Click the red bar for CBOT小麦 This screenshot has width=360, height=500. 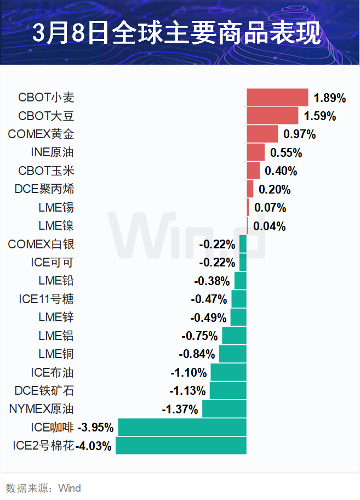pos(277,98)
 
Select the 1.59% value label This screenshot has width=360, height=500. pos(320,116)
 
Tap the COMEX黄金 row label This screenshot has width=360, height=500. pos(41,134)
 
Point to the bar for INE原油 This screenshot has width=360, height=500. pos(256,152)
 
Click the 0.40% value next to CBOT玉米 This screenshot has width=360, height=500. pos(281,171)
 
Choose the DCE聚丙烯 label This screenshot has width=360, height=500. pos(44,189)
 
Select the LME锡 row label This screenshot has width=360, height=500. pos(56,208)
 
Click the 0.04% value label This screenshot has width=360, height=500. pos(269,226)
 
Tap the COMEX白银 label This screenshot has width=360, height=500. pos(41,245)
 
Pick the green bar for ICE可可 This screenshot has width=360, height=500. pos(243,263)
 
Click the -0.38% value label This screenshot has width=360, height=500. pos(212,281)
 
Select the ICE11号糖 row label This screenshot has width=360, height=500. pos(46,299)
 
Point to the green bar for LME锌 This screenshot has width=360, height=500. pos(238,318)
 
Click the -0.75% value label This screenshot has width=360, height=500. pos(199,336)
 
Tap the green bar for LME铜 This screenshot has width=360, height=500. pos(233,354)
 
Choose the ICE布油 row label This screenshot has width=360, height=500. pos(52,373)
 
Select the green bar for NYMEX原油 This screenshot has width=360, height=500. pos(225,410)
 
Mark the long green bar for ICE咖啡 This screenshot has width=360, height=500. pos(182,428)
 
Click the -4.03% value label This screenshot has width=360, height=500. pos(94,446)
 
